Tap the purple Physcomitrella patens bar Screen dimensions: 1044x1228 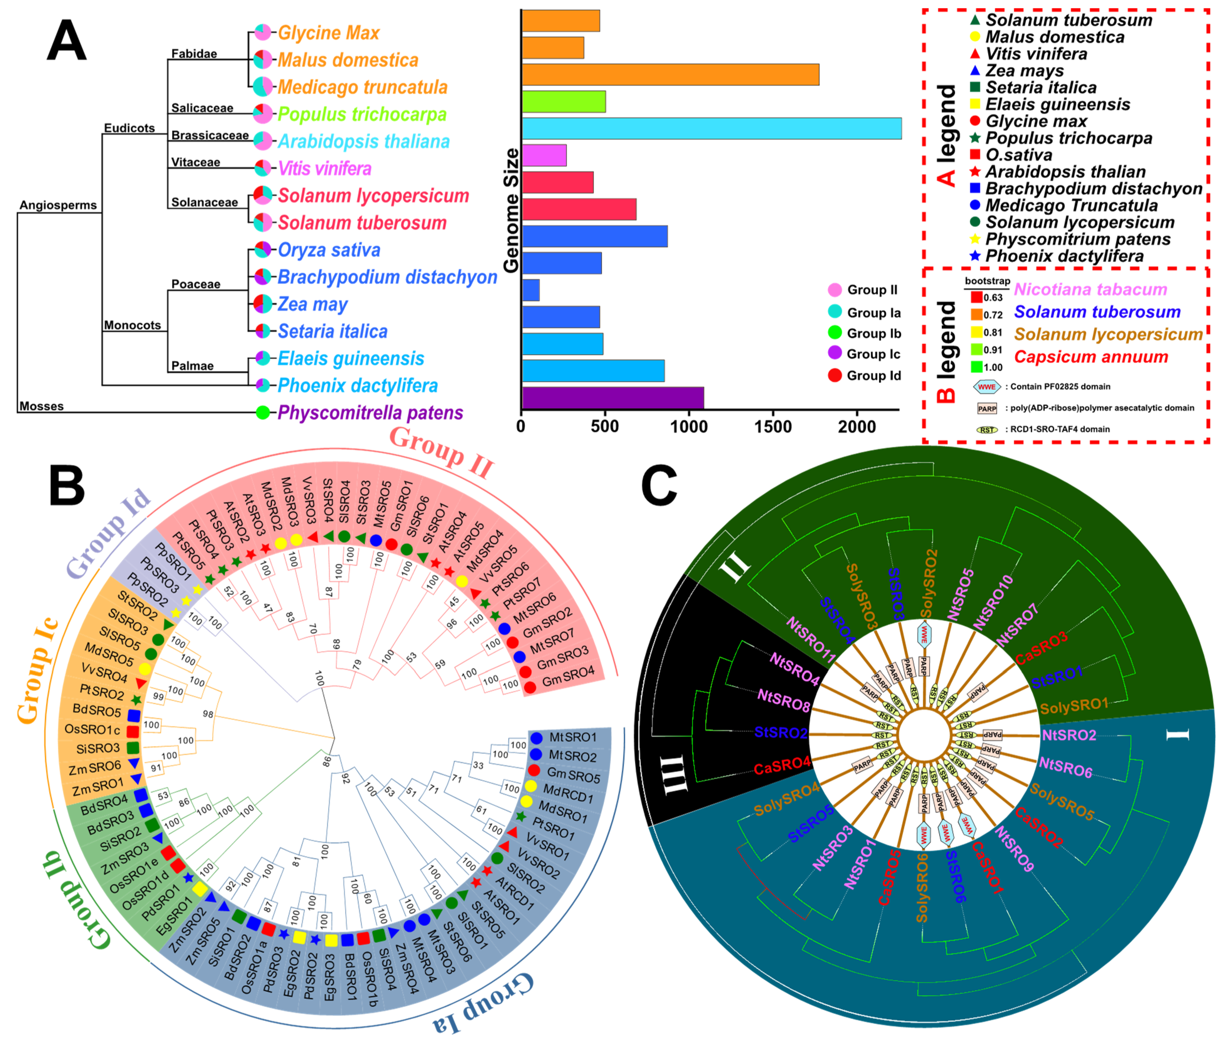[612, 398]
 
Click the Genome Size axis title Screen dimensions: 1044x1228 [511, 210]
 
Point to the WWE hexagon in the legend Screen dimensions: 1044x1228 [987, 386]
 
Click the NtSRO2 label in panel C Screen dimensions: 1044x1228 [1068, 735]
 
